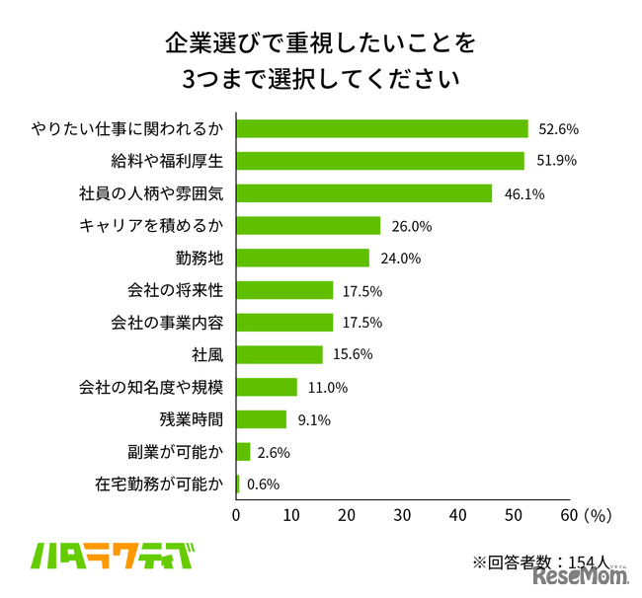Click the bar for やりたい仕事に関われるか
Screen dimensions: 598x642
(382, 128)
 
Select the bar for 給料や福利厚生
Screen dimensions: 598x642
(380, 161)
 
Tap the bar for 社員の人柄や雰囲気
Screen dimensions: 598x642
(364, 193)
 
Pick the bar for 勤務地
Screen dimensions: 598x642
(303, 258)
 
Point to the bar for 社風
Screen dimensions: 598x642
(280, 354)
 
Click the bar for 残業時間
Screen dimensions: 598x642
(262, 419)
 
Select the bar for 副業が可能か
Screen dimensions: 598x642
(244, 452)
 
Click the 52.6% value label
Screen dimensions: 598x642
(558, 129)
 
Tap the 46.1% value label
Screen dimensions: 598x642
(524, 194)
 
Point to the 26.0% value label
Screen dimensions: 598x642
(412, 226)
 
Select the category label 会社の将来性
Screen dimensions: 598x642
(176, 290)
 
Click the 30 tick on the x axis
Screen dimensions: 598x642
(402, 514)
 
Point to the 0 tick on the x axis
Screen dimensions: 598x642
(237, 514)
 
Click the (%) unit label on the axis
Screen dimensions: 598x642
(598, 514)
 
